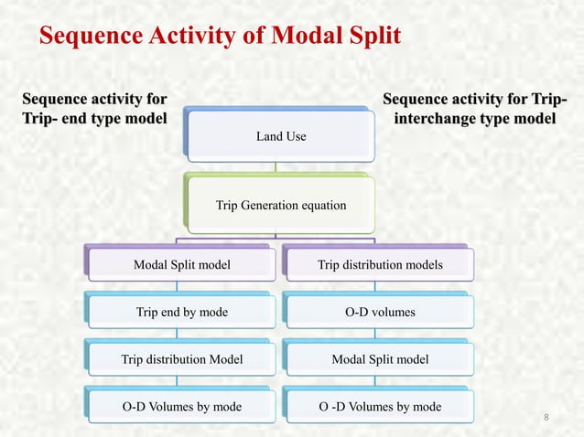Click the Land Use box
coord(281,137)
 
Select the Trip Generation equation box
coord(281,205)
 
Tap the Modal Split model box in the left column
coord(182,265)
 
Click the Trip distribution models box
coord(379,265)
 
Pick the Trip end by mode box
coord(182,313)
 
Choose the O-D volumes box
coord(379,313)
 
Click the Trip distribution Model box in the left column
coord(182,359)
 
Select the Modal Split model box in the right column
coord(379,359)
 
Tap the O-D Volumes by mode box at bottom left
coord(182,406)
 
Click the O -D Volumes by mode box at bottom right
coord(379,406)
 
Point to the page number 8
coord(546,419)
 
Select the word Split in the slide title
coord(369,36)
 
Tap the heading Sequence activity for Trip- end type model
coord(93,108)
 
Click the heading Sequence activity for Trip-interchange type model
coord(473,108)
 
